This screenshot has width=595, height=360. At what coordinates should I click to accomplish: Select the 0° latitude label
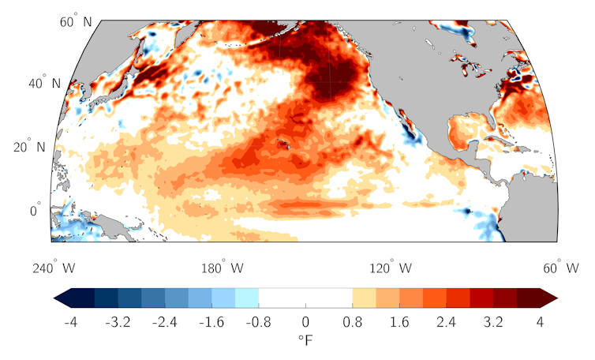click(x=36, y=211)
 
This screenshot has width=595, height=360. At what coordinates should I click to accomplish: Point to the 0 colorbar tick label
click(x=305, y=323)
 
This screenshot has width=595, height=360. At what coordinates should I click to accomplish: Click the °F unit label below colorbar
click(x=305, y=340)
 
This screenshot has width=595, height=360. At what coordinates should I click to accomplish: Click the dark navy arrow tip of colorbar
click(x=59, y=297)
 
